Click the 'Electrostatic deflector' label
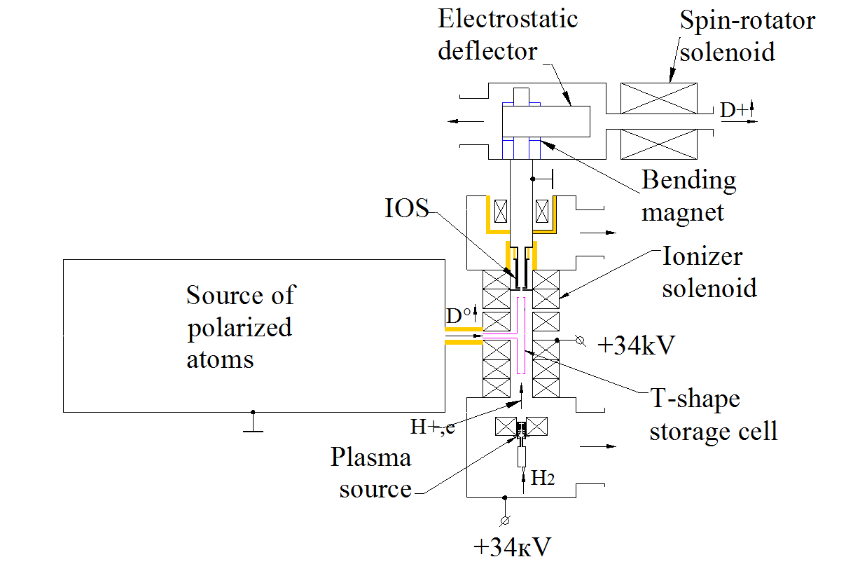[508, 35]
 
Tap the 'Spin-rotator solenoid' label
[747, 36]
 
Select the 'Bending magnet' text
[688, 195]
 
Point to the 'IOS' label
[407, 209]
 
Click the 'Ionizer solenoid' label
[709, 273]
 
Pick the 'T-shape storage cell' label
[713, 415]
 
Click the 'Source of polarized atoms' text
[240, 326]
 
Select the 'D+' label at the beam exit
[735, 110]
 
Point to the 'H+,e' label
[432, 426]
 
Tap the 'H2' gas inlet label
[543, 479]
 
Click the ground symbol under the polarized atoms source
[253, 422]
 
